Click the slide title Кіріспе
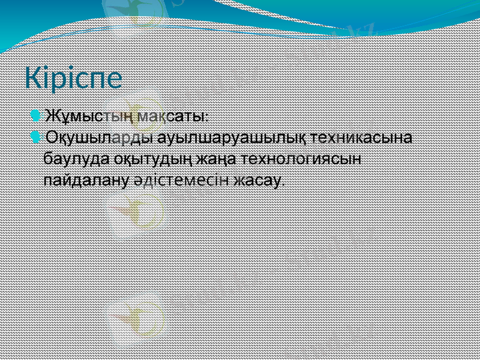click(x=73, y=79)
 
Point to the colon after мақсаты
click(x=208, y=116)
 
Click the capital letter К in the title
click(x=32, y=79)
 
